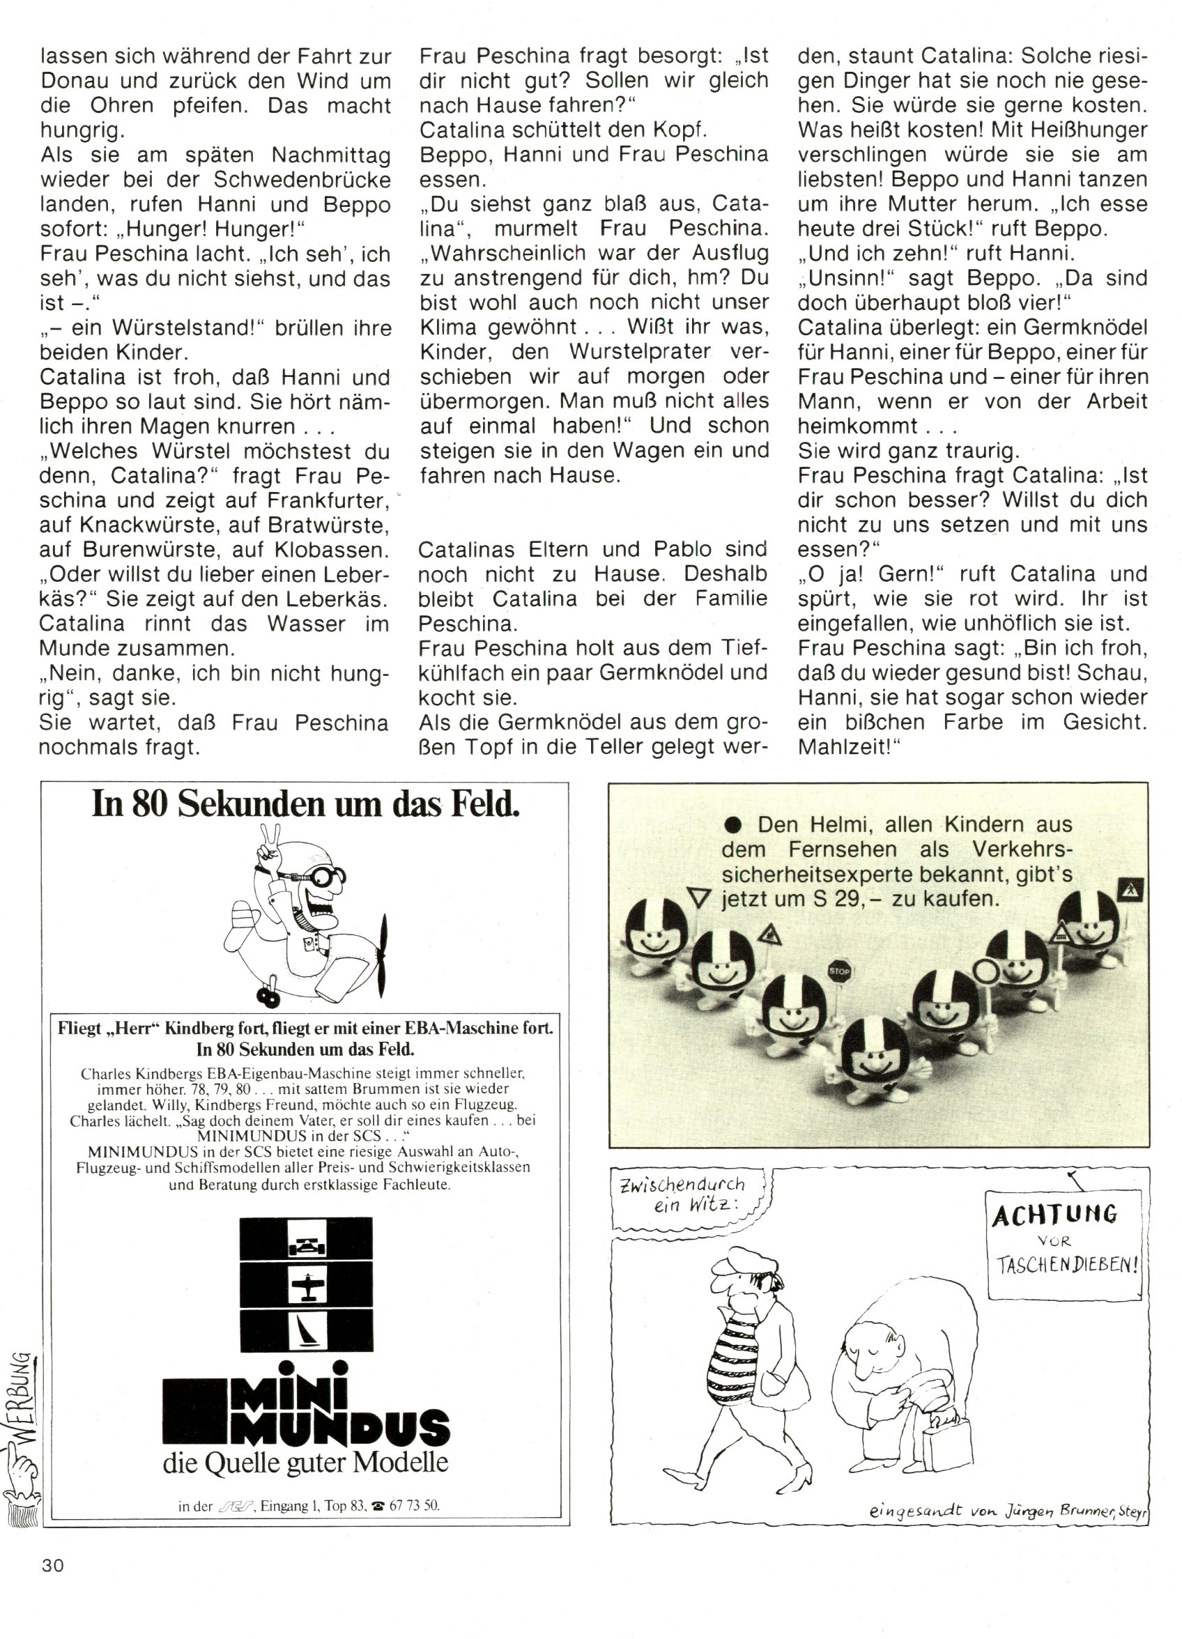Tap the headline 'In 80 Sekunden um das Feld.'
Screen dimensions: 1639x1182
[x=306, y=805]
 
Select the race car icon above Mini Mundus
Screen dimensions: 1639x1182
[x=307, y=1246]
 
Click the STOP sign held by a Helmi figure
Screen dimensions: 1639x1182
[x=838, y=971]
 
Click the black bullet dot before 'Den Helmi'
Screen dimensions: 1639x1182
[x=735, y=825]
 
